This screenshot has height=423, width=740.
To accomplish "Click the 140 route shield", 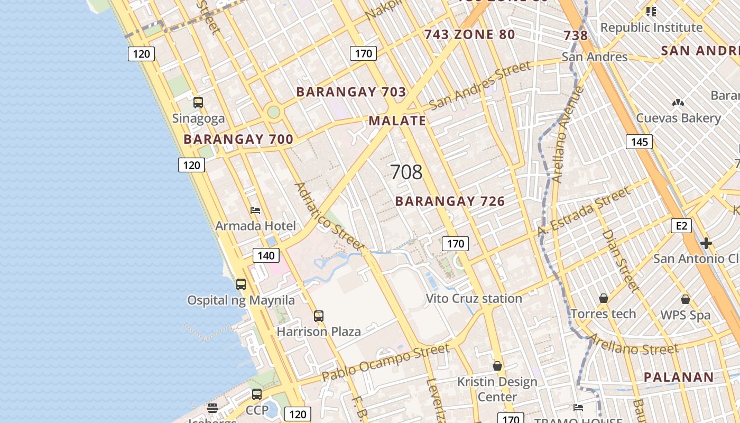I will pos(266,256).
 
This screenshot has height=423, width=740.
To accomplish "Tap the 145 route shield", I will pos(639,142).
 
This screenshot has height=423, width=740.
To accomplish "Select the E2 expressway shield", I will pos(681,226).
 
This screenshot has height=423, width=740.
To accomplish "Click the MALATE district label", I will pos(397,121).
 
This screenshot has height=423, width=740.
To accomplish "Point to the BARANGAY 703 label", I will pos(351,92).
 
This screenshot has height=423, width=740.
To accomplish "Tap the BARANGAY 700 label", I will pos(238,140).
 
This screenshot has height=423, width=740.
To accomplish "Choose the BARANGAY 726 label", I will pos(450,201).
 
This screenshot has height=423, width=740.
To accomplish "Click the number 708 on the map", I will pos(406,172).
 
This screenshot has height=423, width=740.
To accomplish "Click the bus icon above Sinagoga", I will pos(198,103).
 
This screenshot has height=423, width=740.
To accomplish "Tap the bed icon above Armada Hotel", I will pos(255,210).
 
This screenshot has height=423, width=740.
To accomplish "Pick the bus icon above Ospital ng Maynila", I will pos(241,284).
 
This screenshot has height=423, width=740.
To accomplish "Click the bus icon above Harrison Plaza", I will pos(319,316).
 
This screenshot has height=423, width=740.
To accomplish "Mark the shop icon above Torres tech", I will pos(604,299).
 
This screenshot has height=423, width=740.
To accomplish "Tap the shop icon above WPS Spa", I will pos(686,299).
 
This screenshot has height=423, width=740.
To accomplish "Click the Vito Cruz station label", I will pos(474,299).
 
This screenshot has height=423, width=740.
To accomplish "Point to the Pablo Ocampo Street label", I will pos(386,363).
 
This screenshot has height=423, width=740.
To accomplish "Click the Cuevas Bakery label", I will pos(678,118).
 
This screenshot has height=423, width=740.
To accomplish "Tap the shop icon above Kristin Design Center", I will pos(497,366).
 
